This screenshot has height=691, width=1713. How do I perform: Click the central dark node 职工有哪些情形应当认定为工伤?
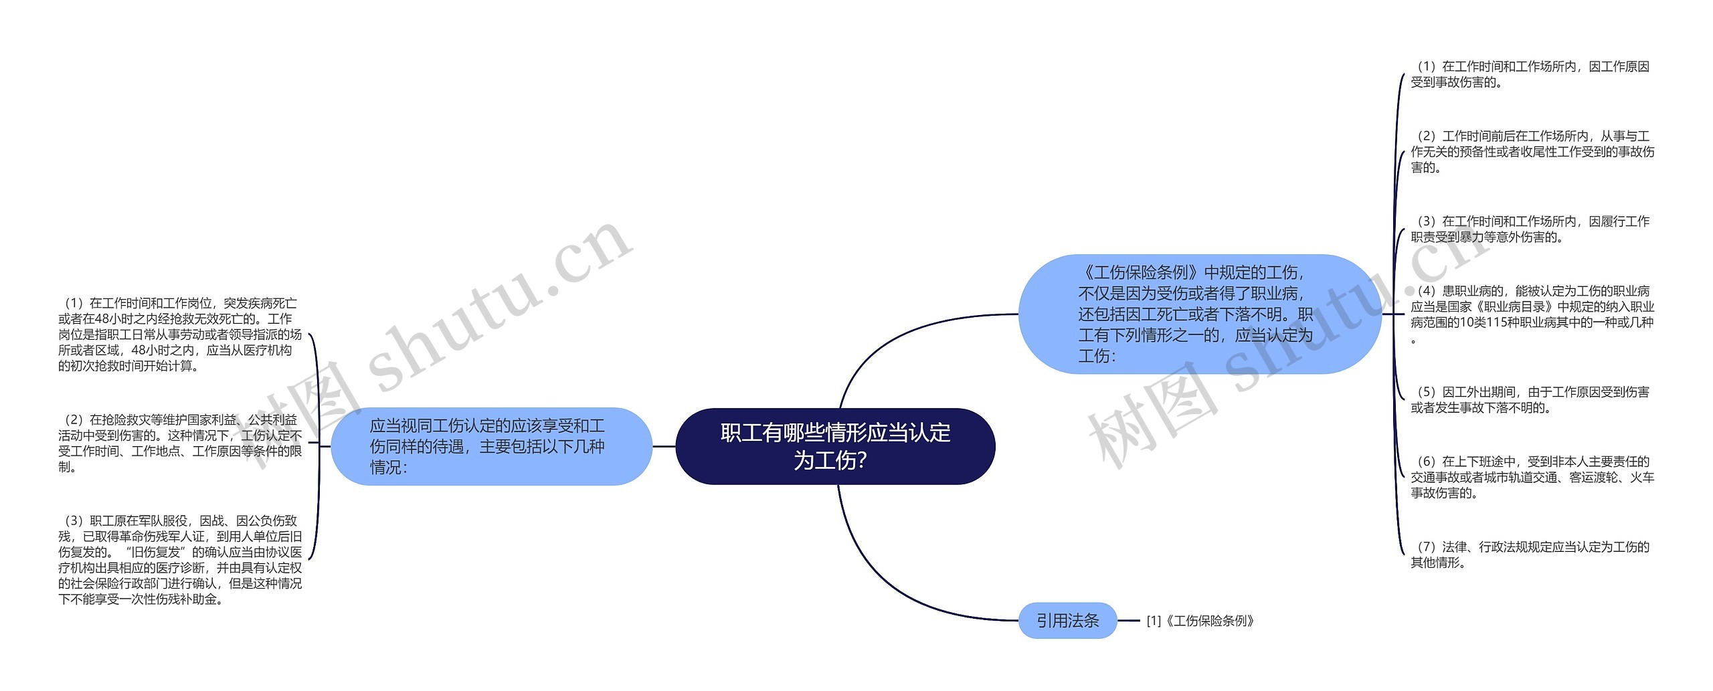coord(835,446)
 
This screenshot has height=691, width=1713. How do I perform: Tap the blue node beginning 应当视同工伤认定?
coord(491,446)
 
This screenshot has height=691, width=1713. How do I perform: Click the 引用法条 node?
coord(1067,621)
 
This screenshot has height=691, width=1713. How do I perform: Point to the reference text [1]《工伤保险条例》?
coord(1200,621)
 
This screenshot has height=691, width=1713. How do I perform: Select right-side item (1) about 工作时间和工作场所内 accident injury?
coord(1530,74)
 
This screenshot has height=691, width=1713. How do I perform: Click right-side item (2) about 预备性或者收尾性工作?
coord(1532,152)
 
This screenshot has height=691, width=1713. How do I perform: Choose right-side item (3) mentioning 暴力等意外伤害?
coord(1530,229)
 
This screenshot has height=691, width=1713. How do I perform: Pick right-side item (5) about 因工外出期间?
coord(1530,399)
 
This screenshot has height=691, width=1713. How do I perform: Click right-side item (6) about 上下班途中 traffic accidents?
coord(1532,477)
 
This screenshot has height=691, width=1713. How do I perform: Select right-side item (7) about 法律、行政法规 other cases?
coord(1530,555)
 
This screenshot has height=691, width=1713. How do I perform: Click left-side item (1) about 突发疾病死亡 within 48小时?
coord(179,334)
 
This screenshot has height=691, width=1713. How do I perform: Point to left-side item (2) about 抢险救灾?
coord(179,443)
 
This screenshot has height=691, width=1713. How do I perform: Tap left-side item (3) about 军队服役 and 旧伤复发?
coord(179,559)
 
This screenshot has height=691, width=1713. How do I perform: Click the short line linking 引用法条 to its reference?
coord(1129,621)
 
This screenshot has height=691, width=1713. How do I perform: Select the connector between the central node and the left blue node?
coord(664,446)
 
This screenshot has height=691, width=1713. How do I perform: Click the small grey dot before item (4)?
coord(1409,291)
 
